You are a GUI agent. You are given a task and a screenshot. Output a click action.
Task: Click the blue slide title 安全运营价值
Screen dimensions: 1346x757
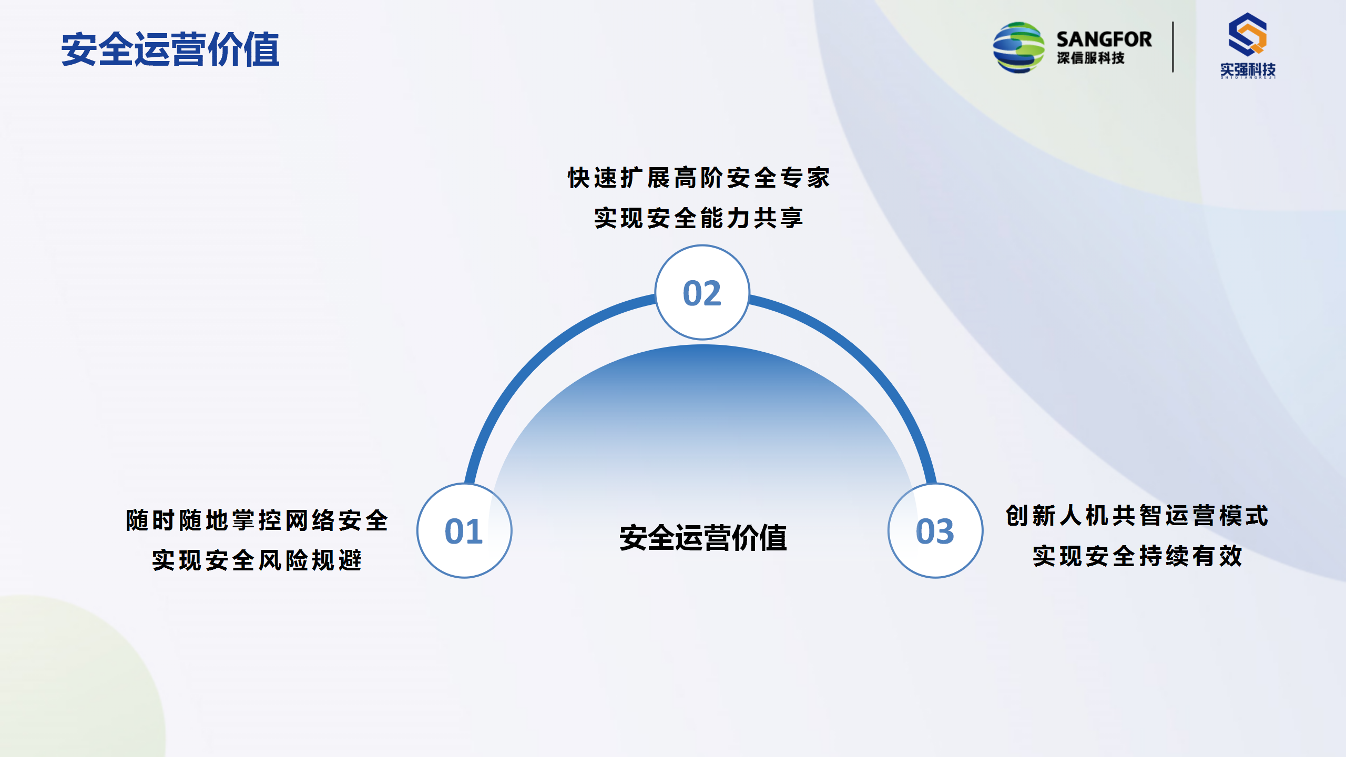click(170, 49)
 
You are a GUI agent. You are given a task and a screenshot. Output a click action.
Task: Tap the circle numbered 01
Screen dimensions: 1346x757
click(464, 530)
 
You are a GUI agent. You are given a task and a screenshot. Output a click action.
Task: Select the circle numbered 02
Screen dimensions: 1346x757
click(702, 292)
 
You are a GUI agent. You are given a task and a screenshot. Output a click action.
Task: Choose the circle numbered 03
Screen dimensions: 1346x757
click(935, 530)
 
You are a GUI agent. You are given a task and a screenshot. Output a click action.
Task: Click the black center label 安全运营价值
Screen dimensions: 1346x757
click(703, 538)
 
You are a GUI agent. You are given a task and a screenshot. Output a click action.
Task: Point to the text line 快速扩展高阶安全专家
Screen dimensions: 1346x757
click(699, 178)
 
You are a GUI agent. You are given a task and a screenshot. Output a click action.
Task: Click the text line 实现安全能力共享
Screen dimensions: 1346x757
click(699, 218)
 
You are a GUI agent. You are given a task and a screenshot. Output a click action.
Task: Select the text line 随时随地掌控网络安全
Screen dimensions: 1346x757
click(257, 520)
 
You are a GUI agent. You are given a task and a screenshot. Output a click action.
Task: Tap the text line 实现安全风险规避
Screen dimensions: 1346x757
click(257, 560)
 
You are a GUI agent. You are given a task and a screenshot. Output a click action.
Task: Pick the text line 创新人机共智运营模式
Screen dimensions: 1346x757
click(1137, 516)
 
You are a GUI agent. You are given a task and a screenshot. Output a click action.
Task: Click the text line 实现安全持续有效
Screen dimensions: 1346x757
click(1137, 556)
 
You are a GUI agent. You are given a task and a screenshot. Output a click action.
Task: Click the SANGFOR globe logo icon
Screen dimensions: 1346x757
click(1018, 47)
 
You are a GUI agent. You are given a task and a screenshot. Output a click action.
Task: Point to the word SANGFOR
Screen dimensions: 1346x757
click(1104, 39)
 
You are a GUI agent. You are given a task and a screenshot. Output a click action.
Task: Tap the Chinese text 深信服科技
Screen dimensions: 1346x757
click(1091, 58)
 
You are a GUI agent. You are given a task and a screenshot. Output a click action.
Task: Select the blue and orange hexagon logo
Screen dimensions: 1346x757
click(1248, 35)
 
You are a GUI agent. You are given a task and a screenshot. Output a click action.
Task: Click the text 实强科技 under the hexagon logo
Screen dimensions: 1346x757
click(1248, 69)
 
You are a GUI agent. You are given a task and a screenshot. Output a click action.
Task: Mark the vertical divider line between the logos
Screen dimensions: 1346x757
click(1173, 47)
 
